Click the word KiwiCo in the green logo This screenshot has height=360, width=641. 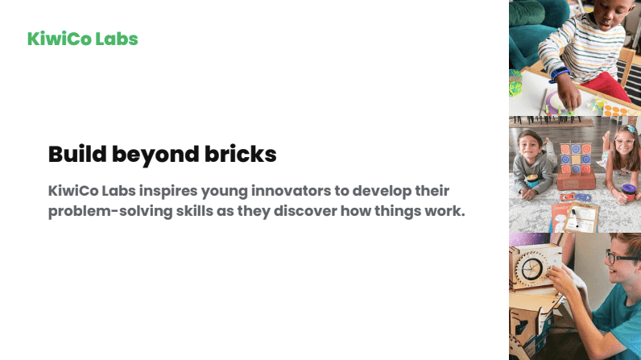(60, 39)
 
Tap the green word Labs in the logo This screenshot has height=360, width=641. (117, 39)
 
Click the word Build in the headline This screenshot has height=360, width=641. (77, 154)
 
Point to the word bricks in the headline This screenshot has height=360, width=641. (241, 154)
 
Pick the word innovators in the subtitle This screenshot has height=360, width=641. (290, 190)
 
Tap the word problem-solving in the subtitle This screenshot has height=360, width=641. (110, 212)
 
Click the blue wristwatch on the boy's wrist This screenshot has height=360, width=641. (559, 74)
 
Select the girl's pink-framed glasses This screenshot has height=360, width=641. (624, 143)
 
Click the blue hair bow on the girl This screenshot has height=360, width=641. (631, 129)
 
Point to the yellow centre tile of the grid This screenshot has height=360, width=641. (576, 159)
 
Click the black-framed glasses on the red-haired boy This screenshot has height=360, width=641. (621, 258)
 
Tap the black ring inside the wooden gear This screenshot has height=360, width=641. (531, 268)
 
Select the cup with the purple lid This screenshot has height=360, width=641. (629, 193)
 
